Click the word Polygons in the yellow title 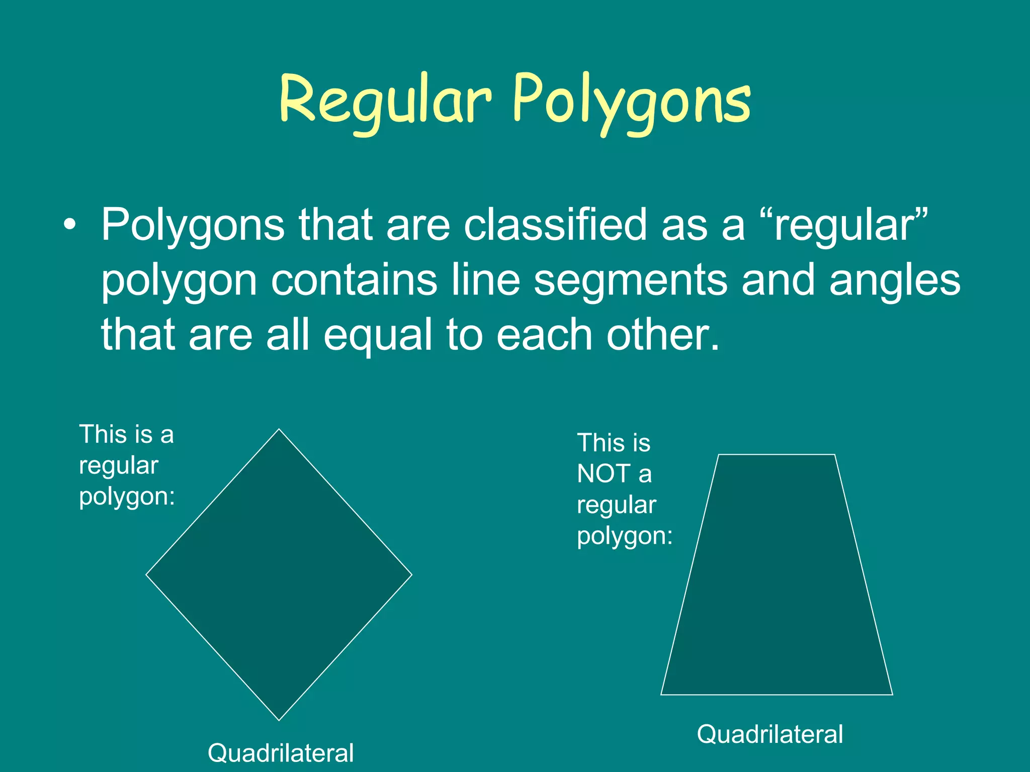pyautogui.click(x=632, y=101)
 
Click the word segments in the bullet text pyautogui.click(x=630, y=280)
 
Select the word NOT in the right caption pyautogui.click(x=604, y=473)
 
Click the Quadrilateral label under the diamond pyautogui.click(x=281, y=753)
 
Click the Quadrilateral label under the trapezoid pyautogui.click(x=769, y=734)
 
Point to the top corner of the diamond pyautogui.click(x=279, y=429)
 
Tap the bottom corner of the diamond pyautogui.click(x=279, y=720)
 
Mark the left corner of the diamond pyautogui.click(x=146, y=574)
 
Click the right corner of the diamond pyautogui.click(x=411, y=574)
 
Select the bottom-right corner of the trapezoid pyautogui.click(x=892, y=695)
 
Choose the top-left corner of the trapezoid pyautogui.click(x=719, y=455)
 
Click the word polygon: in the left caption pyautogui.click(x=127, y=497)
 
